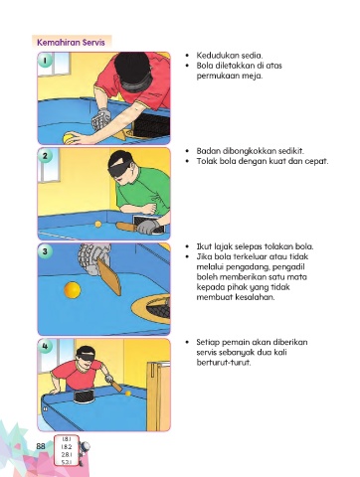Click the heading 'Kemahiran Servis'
(x=71, y=43)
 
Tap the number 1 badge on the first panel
(x=45, y=61)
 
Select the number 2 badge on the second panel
(x=45, y=156)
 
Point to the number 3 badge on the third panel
(x=45, y=251)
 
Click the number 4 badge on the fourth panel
(x=45, y=347)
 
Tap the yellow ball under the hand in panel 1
(x=69, y=138)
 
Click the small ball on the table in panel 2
(x=98, y=224)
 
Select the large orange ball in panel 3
(x=73, y=290)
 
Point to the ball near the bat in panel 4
(x=128, y=394)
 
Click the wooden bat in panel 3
(x=110, y=276)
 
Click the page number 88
(x=41, y=446)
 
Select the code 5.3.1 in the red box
(x=67, y=462)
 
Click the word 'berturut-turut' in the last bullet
(x=224, y=362)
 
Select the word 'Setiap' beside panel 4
(x=208, y=342)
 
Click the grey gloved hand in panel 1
(x=101, y=119)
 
